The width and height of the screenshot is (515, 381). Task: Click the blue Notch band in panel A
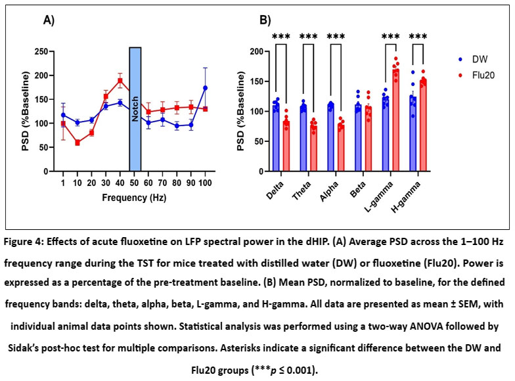coord(135,109)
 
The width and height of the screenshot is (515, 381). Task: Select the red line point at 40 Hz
coord(120,81)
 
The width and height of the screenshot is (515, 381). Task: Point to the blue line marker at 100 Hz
coord(205,87)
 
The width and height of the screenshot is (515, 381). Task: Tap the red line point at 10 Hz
coord(78,143)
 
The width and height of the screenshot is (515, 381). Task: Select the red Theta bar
coord(313,148)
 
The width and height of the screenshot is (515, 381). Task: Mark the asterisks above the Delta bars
coord(281,37)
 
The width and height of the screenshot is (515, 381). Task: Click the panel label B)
coord(265,21)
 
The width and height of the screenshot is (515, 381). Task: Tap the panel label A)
coord(49,20)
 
